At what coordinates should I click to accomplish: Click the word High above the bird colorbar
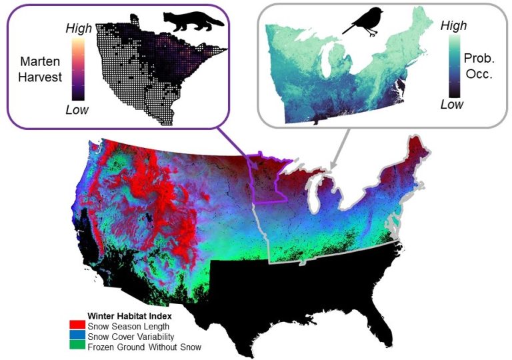pyautogui.click(x=454, y=25)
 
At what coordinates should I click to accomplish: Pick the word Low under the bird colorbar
pyautogui.click(x=453, y=105)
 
